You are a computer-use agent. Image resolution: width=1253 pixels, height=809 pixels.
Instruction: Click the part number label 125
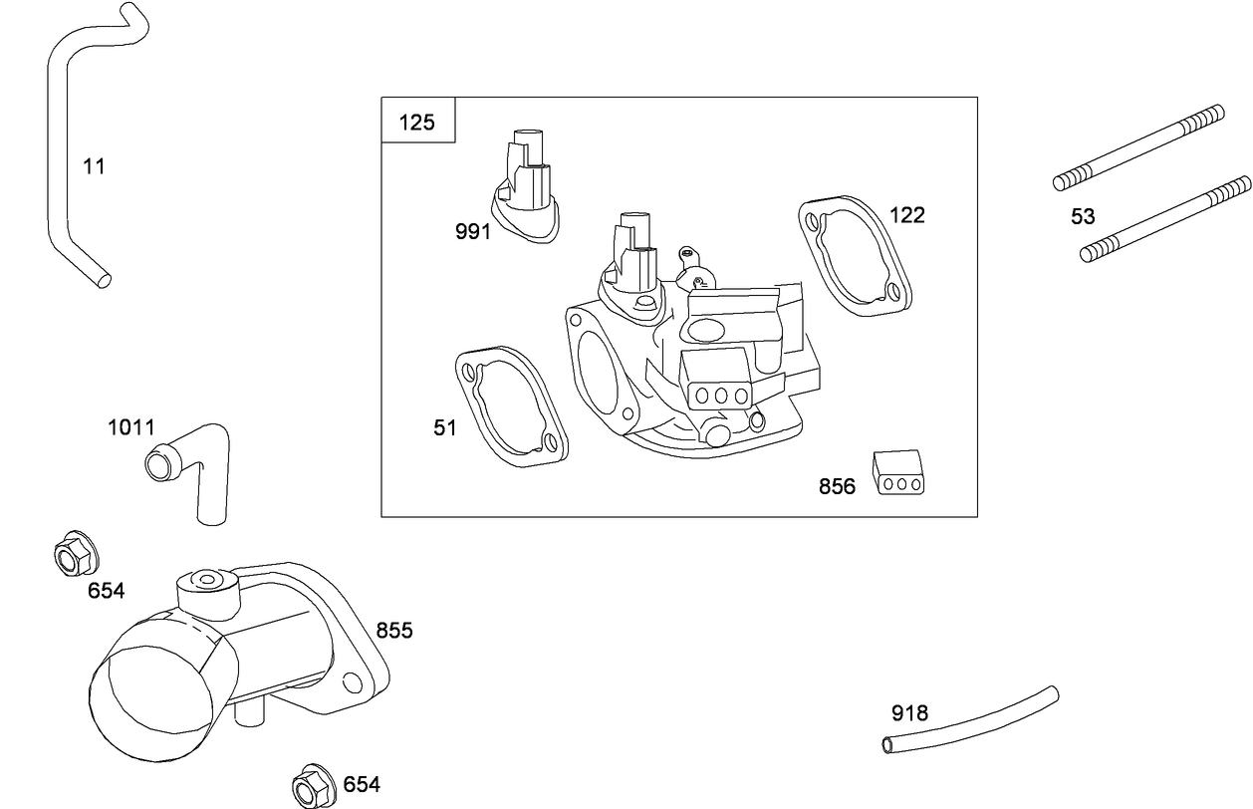pyautogui.click(x=417, y=123)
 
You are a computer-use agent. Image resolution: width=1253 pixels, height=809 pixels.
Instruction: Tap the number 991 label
pyautogui.click(x=473, y=232)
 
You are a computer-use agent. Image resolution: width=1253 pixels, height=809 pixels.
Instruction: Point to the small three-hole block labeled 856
pyautogui.click(x=899, y=471)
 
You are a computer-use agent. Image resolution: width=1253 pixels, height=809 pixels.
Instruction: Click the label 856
pyautogui.click(x=837, y=486)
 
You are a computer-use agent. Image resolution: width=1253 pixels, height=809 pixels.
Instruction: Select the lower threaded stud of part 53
pyautogui.click(x=1165, y=219)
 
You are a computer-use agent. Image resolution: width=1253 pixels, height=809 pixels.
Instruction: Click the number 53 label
pyautogui.click(x=1083, y=216)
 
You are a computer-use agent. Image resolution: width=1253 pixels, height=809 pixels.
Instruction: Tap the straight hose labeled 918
pyautogui.click(x=971, y=717)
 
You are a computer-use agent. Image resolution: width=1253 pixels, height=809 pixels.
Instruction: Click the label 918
pyautogui.click(x=909, y=713)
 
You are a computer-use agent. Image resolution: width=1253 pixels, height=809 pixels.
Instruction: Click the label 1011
pyautogui.click(x=131, y=427)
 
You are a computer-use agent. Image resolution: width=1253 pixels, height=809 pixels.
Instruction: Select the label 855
pyautogui.click(x=394, y=631)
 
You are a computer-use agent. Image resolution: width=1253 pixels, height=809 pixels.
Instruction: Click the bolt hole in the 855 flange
pyautogui.click(x=351, y=682)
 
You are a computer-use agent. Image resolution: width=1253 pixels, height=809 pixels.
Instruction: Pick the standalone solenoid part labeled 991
pyautogui.click(x=527, y=189)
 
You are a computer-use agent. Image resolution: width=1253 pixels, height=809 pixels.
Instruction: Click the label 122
pyautogui.click(x=906, y=214)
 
